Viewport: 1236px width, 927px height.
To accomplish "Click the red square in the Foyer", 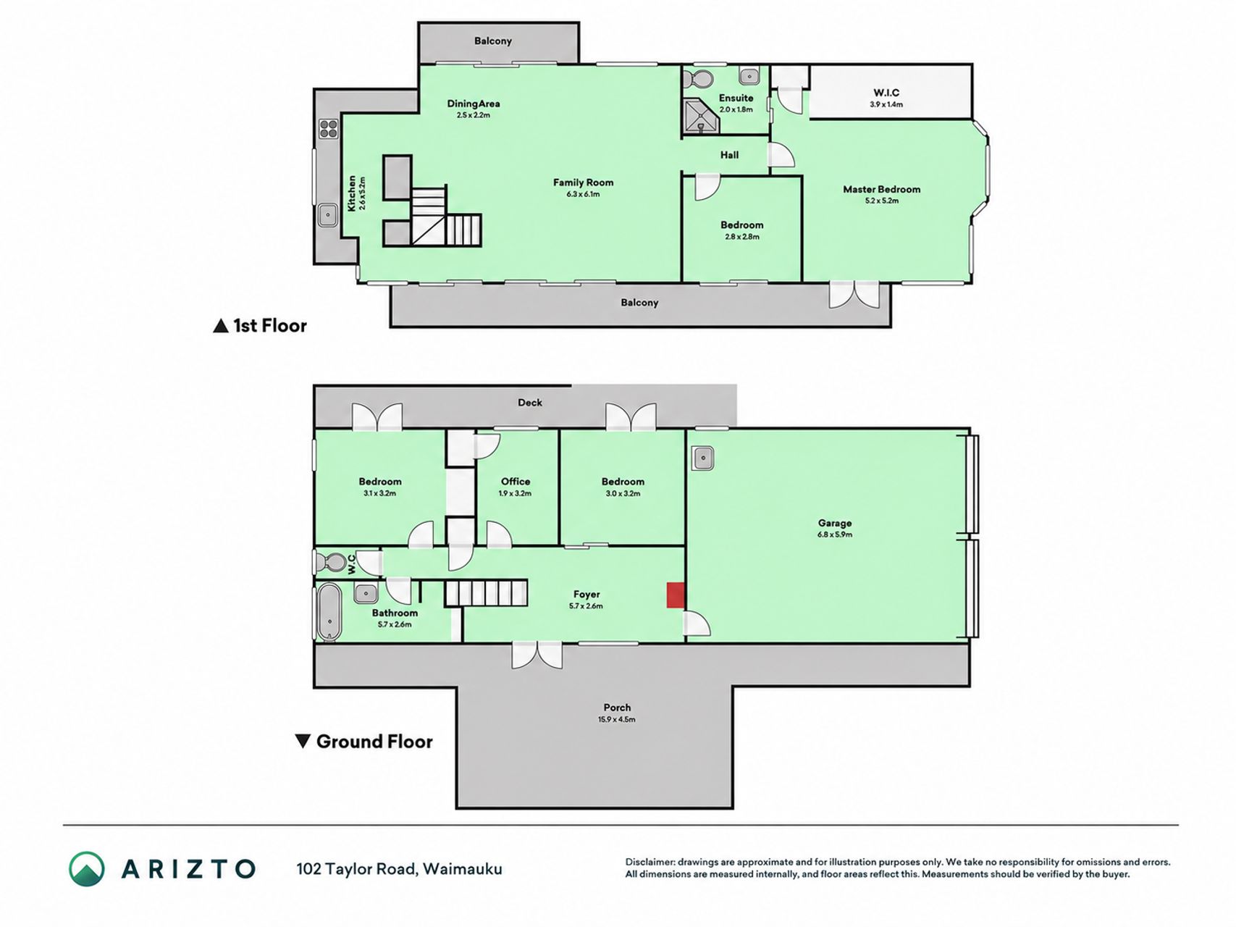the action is [x=675, y=595].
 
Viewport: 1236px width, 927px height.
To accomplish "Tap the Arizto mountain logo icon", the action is [x=87, y=868].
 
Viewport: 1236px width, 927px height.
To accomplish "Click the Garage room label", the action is [x=835, y=523].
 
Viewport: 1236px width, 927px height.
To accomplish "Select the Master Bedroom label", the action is [x=881, y=189].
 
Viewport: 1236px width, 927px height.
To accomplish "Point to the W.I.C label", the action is [x=886, y=93].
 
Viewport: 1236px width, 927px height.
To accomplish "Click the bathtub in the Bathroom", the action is [x=329, y=612].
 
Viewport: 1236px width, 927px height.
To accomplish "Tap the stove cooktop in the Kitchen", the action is [x=329, y=128].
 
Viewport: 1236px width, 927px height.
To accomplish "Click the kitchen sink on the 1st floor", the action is [x=328, y=215].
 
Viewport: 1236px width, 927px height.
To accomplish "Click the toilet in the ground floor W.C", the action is [x=332, y=562].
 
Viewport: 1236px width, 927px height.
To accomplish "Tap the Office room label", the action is [x=516, y=482].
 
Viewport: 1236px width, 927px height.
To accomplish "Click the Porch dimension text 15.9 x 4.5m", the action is [x=617, y=719].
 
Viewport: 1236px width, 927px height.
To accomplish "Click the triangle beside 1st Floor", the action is [x=221, y=326].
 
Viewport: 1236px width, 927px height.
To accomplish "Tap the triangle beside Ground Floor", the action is [x=303, y=741].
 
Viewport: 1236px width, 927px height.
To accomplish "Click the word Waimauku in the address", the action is [x=463, y=868].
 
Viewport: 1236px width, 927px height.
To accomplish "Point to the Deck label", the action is [x=530, y=403].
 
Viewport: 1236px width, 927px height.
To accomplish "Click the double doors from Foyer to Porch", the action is [x=537, y=654].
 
